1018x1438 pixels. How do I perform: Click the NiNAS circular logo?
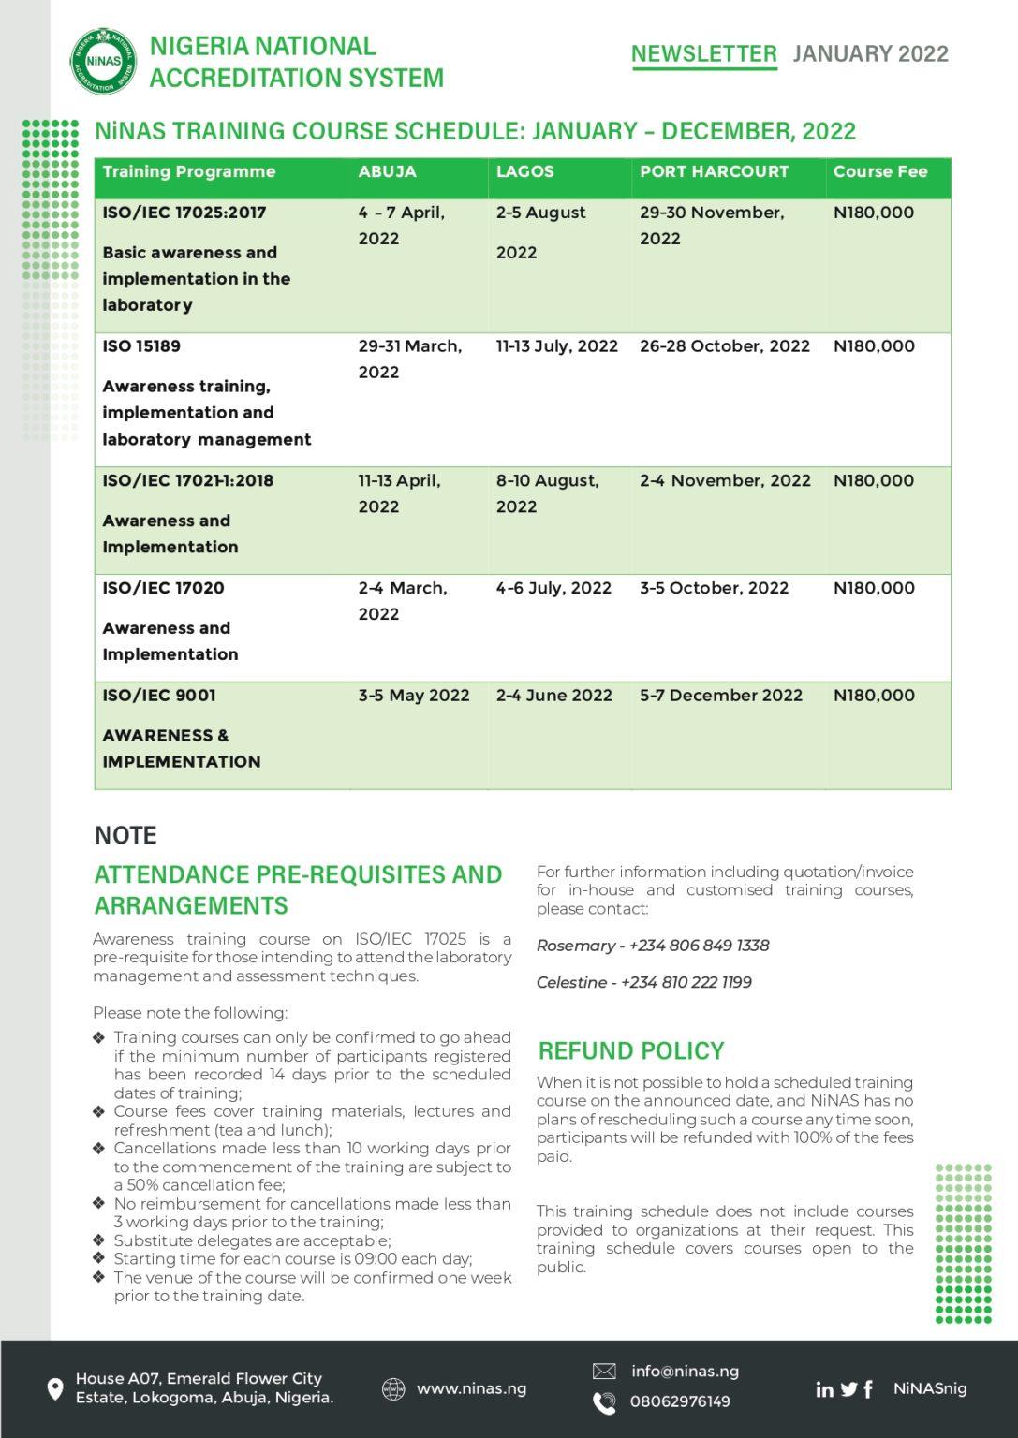(x=103, y=61)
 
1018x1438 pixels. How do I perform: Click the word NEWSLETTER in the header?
(x=703, y=54)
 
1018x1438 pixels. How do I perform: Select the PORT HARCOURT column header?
(x=714, y=171)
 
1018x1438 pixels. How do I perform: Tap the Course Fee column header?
(x=879, y=171)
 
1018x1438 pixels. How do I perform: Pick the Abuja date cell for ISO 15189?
(x=409, y=359)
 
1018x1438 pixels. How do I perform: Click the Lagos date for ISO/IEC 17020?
(x=553, y=588)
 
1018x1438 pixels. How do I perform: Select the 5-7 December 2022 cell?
(x=720, y=696)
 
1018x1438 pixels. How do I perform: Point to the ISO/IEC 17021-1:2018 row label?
(x=187, y=481)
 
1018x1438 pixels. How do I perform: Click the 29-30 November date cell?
(x=711, y=225)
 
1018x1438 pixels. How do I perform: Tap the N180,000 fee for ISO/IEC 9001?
(x=873, y=696)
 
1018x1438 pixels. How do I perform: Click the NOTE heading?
(x=125, y=835)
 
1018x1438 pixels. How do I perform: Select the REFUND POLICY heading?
(x=630, y=1050)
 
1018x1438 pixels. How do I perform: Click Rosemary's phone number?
(x=699, y=946)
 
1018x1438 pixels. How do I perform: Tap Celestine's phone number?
(x=686, y=982)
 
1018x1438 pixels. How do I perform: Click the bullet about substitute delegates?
(x=251, y=1240)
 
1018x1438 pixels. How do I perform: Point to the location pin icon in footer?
(x=55, y=1388)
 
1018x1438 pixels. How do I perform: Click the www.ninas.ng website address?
(x=471, y=1388)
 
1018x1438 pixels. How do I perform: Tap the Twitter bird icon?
(x=848, y=1389)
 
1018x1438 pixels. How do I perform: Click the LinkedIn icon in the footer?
(x=824, y=1389)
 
